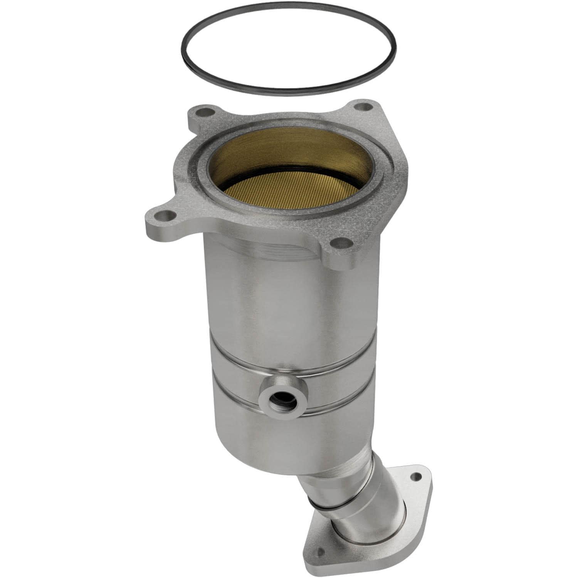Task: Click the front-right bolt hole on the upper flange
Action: (338, 244)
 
